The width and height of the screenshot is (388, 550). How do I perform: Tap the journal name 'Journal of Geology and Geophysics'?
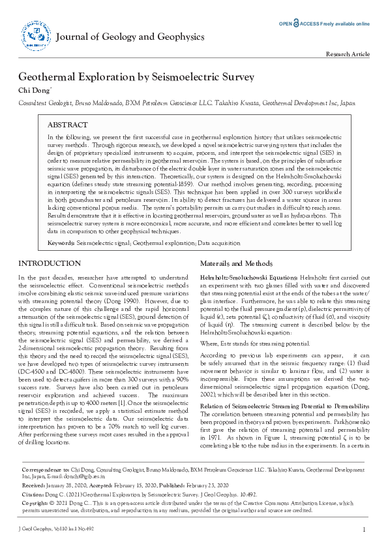click(130, 37)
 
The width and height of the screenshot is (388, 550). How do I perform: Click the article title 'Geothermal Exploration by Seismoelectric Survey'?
click(136, 77)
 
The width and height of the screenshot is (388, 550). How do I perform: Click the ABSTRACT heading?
click(67, 125)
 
